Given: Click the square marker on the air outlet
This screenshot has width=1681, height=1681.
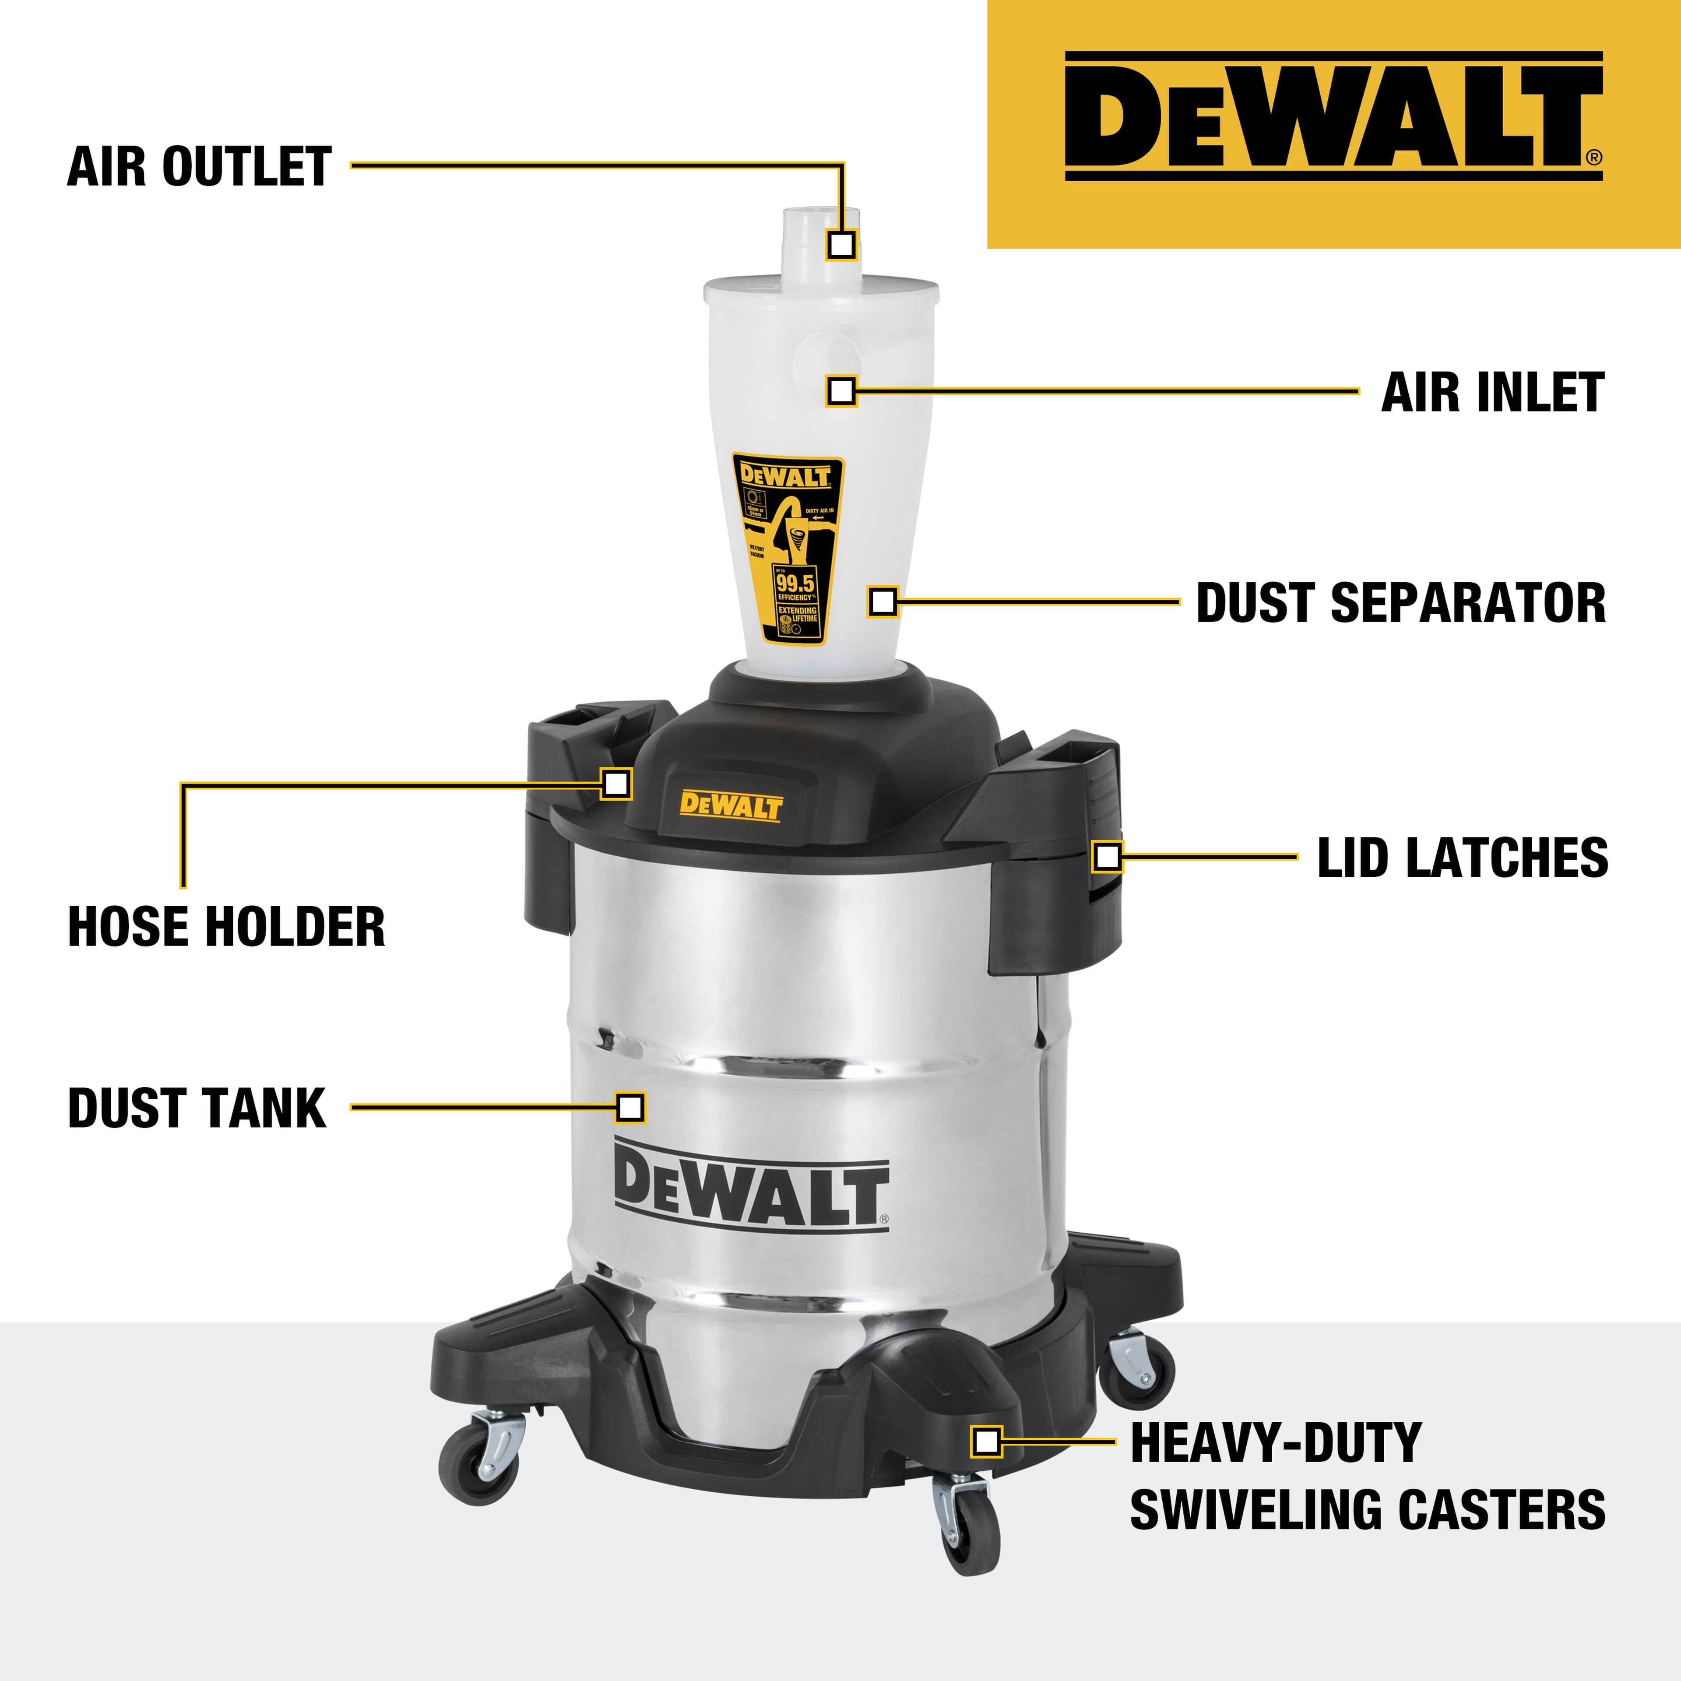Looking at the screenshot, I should click(x=840, y=245).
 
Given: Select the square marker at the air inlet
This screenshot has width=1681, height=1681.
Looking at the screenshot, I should click(x=840, y=390).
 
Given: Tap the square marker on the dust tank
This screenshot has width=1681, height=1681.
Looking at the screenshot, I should click(x=630, y=1108).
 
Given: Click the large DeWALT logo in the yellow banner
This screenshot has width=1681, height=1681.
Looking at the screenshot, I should click(x=1333, y=116).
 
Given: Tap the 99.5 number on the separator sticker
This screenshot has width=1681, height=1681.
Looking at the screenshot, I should click(x=795, y=583).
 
